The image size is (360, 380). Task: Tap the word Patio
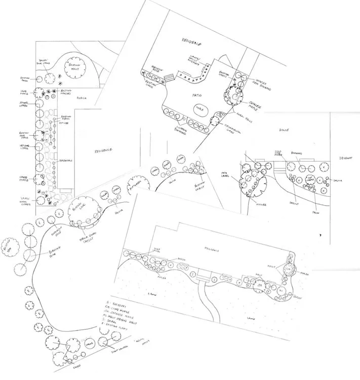tap(191, 95)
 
